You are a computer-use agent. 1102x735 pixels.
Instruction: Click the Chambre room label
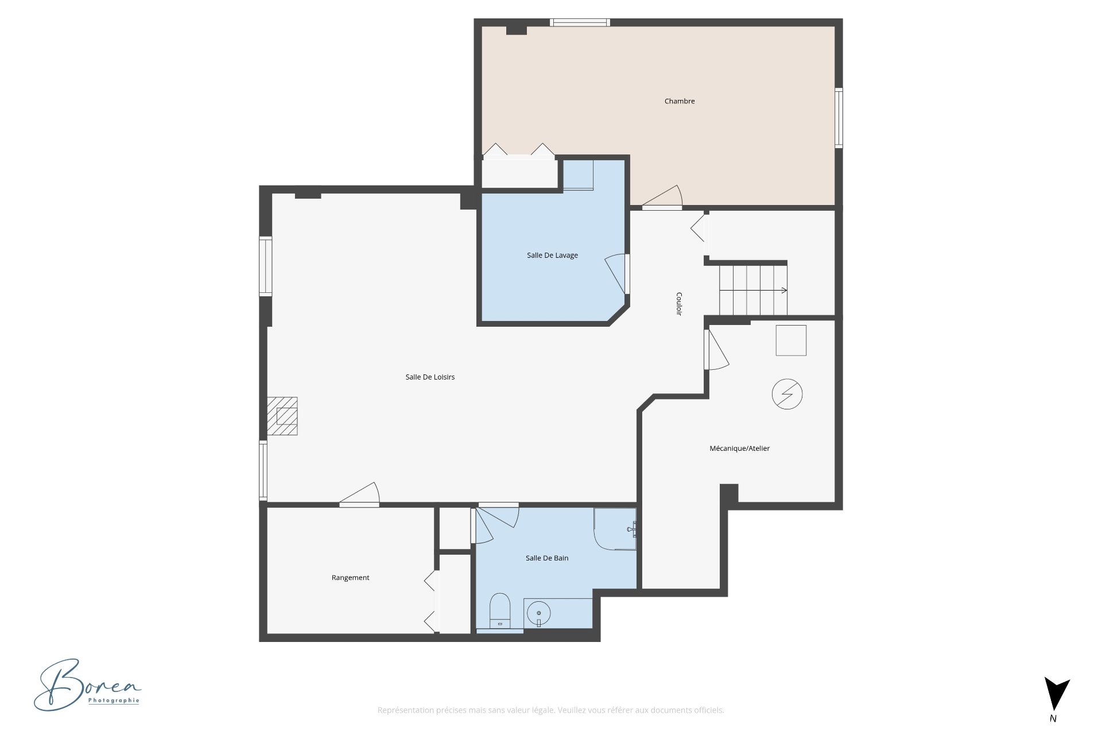pyautogui.click(x=680, y=101)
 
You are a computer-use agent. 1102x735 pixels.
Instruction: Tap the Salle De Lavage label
pyautogui.click(x=552, y=256)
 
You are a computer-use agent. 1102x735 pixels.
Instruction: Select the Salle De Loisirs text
pyautogui.click(x=430, y=377)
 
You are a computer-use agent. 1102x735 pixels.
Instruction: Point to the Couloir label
pyautogui.click(x=679, y=304)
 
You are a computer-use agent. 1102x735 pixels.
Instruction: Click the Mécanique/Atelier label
pyautogui.click(x=739, y=448)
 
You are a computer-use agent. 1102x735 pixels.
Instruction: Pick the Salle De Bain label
pyautogui.click(x=547, y=558)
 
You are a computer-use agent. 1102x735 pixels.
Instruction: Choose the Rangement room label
pyautogui.click(x=350, y=578)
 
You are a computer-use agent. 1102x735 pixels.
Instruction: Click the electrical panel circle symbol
pyautogui.click(x=787, y=394)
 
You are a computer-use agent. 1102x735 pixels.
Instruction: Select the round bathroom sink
pyautogui.click(x=538, y=613)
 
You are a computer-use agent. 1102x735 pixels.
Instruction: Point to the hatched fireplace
pyautogui.click(x=282, y=416)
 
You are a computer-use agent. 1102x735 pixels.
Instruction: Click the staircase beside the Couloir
pyautogui.click(x=753, y=290)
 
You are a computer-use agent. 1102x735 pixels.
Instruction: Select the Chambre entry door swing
pyautogui.click(x=663, y=198)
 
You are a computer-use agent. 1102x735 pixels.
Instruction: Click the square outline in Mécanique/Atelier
pyautogui.click(x=791, y=341)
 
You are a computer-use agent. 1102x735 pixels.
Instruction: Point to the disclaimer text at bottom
pyautogui.click(x=550, y=710)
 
